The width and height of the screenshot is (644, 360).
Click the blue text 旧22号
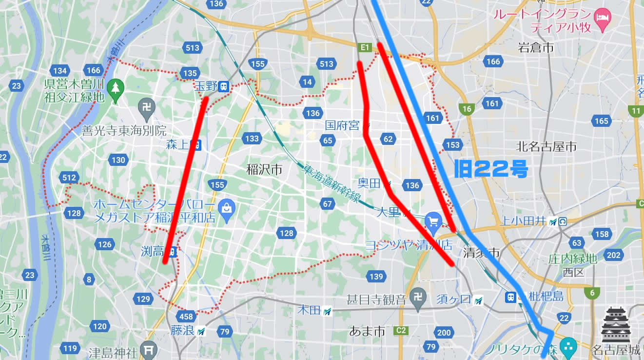(x=491, y=169)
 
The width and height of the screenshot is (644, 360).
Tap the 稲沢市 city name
(x=265, y=169)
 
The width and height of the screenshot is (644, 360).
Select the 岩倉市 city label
(x=536, y=48)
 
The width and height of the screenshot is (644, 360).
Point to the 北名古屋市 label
(x=546, y=146)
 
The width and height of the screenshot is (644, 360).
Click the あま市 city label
(x=367, y=332)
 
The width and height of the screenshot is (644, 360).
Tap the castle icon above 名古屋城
(x=616, y=325)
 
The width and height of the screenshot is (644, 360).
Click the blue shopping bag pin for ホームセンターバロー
(x=227, y=208)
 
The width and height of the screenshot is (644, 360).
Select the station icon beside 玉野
(x=225, y=86)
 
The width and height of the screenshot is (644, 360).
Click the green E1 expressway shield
(x=365, y=47)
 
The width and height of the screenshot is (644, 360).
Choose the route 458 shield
(x=187, y=317)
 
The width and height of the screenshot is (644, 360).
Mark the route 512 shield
(x=69, y=178)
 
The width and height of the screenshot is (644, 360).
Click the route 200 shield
(x=444, y=333)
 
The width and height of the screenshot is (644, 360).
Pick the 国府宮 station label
(x=342, y=126)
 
